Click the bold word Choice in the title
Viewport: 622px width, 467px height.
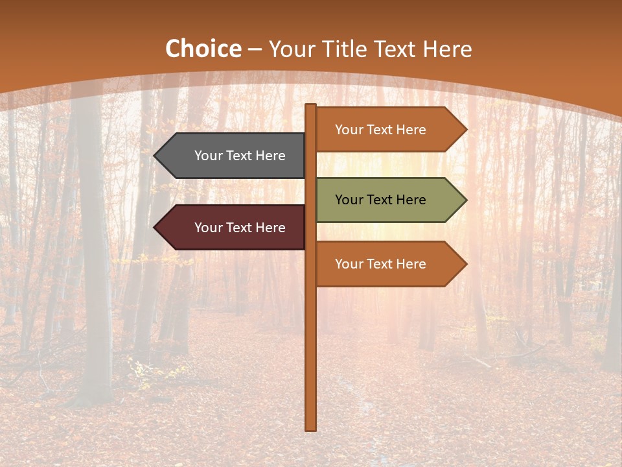[203, 49]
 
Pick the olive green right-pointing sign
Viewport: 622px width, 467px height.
[386, 200]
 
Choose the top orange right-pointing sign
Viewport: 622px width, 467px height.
[386, 130]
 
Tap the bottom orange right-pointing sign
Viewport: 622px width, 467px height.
[386, 264]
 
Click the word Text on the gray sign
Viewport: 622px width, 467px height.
[239, 156]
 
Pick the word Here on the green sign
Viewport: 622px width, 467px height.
[411, 200]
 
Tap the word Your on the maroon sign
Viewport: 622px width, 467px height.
[209, 228]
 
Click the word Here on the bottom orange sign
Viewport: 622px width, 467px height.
[411, 264]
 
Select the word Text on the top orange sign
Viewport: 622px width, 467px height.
[380, 130]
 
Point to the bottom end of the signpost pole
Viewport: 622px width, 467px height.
[311, 428]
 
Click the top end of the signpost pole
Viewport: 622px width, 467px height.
[311, 106]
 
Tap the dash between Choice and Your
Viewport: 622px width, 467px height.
[255, 50]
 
